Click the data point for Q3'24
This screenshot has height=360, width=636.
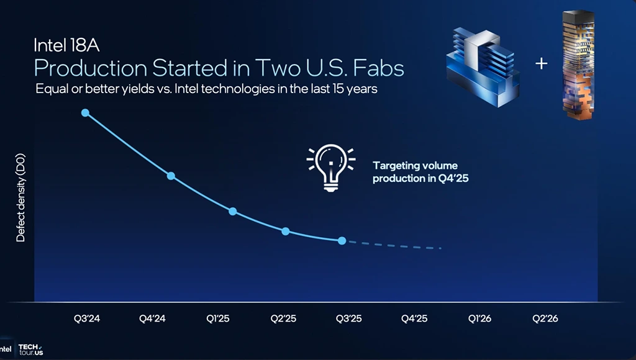click(85, 112)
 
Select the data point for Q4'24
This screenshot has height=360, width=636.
click(171, 176)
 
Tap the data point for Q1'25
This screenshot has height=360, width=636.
click(232, 211)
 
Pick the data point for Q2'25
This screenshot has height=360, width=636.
click(285, 231)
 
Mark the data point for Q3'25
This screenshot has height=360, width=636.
click(342, 240)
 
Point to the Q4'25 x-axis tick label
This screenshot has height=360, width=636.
click(414, 318)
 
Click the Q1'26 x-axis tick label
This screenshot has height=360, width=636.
click(479, 318)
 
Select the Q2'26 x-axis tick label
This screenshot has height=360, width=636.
click(545, 318)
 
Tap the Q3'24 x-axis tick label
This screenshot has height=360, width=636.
click(87, 318)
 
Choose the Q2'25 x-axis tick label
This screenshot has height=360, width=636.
click(283, 318)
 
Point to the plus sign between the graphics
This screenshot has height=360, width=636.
click(542, 63)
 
